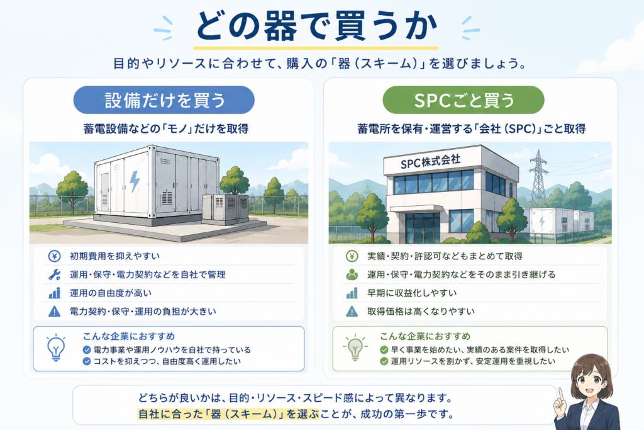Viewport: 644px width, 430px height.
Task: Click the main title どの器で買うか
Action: click(316, 26)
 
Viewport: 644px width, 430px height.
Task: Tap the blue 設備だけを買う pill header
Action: click(164, 100)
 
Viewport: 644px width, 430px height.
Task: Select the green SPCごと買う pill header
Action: click(464, 100)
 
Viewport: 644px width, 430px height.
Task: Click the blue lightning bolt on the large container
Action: click(135, 182)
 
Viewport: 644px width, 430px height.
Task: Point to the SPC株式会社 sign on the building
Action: click(430, 162)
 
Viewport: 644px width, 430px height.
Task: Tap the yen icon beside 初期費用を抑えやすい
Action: click(55, 256)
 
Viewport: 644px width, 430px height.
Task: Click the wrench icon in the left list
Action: click(55, 274)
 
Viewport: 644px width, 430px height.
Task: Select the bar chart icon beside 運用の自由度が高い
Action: click(55, 293)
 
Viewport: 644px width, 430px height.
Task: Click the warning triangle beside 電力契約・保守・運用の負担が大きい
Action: click(55, 312)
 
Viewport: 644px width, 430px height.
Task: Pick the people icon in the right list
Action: click(352, 274)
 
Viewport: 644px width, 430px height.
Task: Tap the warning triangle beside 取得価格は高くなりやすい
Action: click(352, 312)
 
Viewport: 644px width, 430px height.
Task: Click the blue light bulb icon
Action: click(56, 348)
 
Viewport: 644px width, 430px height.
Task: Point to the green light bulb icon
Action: click(355, 348)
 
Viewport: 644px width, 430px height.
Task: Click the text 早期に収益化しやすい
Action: click(412, 293)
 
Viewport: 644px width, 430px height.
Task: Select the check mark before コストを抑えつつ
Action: click(87, 361)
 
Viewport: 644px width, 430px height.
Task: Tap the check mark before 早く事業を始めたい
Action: click(384, 350)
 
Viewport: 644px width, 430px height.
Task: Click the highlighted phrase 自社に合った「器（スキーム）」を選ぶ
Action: click(228, 414)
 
